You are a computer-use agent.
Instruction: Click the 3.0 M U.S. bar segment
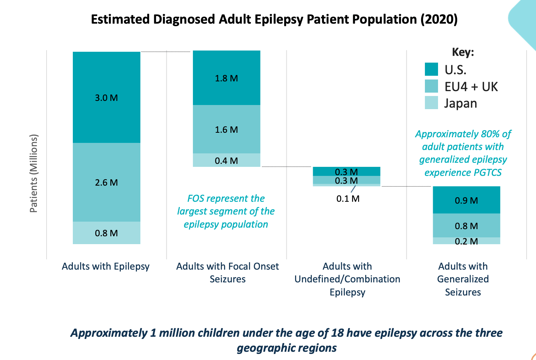(106, 97)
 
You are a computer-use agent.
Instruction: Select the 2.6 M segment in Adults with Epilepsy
(106, 182)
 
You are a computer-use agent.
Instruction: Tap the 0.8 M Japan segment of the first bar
(106, 233)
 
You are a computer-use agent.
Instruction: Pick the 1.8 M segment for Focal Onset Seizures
(226, 78)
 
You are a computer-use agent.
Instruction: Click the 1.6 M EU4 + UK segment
(226, 129)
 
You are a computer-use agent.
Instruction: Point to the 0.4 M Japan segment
(226, 160)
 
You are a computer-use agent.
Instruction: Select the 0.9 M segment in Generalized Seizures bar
(466, 200)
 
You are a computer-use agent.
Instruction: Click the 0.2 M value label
(466, 241)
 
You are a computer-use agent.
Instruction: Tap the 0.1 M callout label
(348, 199)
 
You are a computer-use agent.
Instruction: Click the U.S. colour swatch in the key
(431, 69)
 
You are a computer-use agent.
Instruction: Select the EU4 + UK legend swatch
(431, 86)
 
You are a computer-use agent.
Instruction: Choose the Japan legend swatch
(431, 103)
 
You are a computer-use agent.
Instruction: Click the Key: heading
(463, 52)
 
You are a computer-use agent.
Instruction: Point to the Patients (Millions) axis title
(34, 173)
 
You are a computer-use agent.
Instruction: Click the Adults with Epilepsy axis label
(105, 266)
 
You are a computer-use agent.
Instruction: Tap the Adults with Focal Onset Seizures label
(227, 272)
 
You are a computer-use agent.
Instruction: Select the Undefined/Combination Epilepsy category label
(347, 279)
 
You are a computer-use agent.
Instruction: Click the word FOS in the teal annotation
(196, 198)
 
